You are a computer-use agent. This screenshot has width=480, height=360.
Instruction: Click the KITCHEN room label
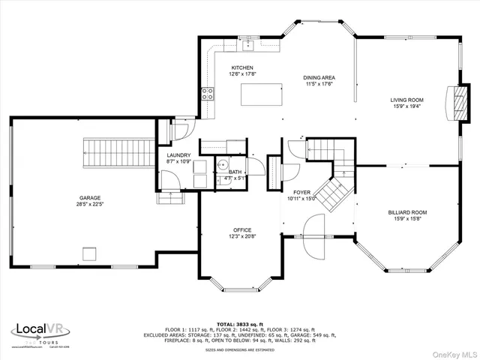coord(242,67)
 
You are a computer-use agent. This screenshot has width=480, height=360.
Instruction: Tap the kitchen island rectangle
coord(262,94)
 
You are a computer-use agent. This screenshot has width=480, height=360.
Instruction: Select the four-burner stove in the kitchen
coord(208,94)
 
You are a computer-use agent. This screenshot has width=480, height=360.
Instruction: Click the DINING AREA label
coord(319,77)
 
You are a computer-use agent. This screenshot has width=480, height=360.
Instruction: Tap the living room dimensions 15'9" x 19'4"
coord(406,106)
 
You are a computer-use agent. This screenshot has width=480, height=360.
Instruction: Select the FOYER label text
coord(302,191)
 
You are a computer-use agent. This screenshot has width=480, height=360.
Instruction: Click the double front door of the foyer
coord(313,235)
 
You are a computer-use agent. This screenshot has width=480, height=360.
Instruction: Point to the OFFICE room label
coord(241,230)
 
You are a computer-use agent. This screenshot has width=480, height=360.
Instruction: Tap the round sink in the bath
coord(223,166)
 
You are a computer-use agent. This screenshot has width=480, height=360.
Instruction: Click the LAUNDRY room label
coord(178,155)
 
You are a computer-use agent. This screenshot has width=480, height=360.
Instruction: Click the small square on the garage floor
coord(89,253)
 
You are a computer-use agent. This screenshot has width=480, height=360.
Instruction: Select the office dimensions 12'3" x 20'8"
coord(241,236)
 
